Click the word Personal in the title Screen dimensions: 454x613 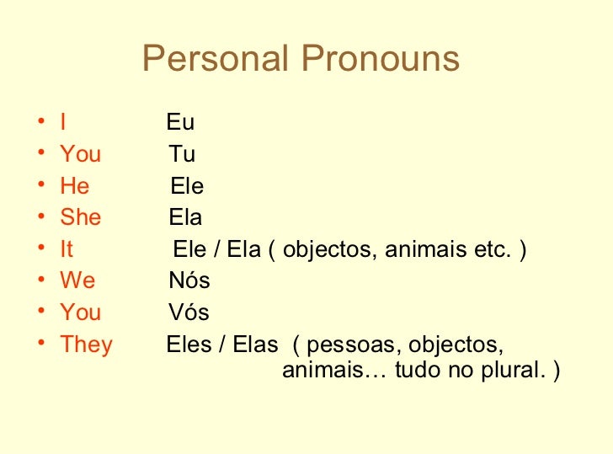tap(216, 59)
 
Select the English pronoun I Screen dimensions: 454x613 tap(63, 123)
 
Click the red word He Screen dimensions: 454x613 tap(75, 186)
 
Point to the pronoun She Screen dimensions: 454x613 tap(81, 217)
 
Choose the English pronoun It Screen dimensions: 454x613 tap(67, 249)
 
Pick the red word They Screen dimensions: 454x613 tap(86, 345)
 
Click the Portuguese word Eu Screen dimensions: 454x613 tap(180, 123)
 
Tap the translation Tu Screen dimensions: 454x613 tap(182, 155)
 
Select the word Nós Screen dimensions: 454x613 tap(189, 280)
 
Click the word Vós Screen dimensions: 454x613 tap(189, 312)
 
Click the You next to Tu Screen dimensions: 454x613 tap(81, 155)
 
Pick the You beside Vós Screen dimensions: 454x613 tap(81, 312)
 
